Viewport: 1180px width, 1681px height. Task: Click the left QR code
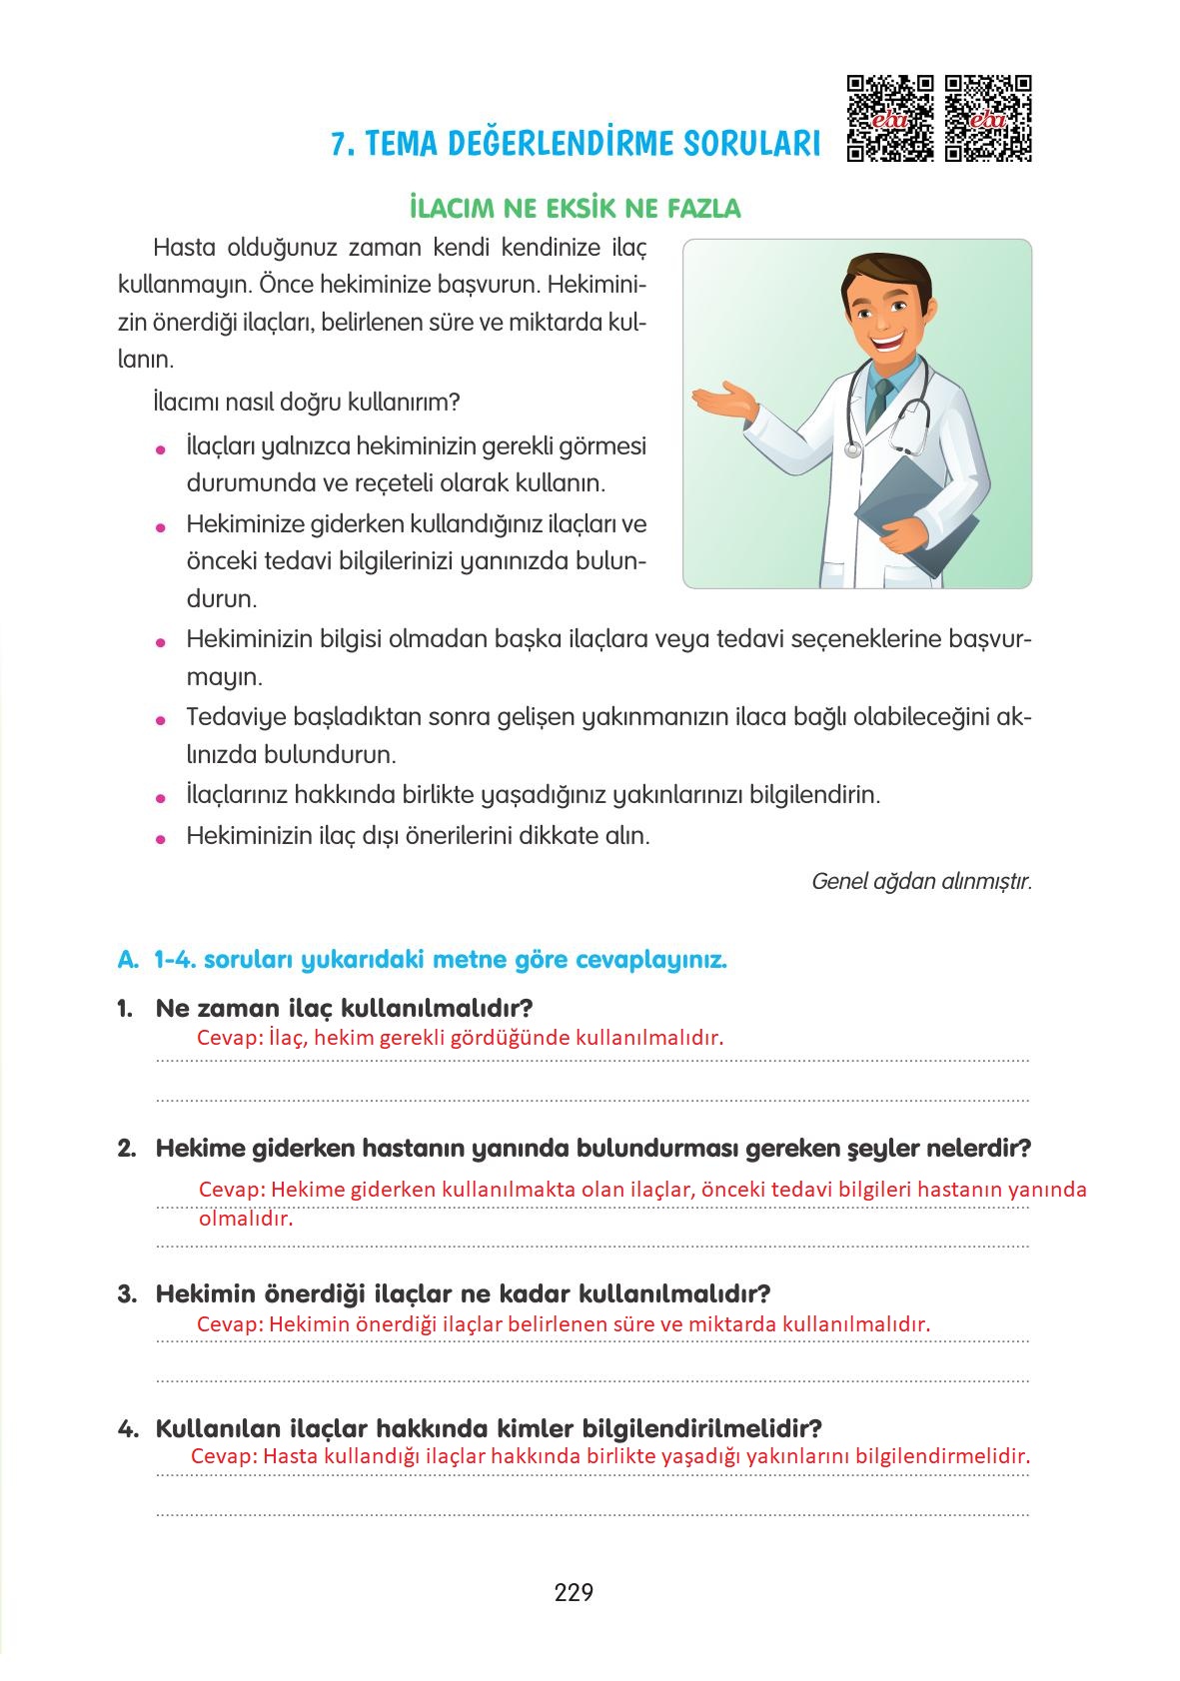[x=890, y=118]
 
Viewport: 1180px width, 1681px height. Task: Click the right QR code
[x=988, y=118]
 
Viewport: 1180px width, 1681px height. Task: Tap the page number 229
[x=574, y=1592]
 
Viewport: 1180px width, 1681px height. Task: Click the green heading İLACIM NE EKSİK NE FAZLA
[x=575, y=209]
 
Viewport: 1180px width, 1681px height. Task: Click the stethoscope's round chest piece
[x=852, y=450]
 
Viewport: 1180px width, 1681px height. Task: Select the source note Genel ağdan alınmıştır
[x=921, y=882]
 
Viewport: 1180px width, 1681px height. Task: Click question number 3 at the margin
[x=126, y=1294]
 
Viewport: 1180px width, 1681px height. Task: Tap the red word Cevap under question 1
[x=229, y=1038]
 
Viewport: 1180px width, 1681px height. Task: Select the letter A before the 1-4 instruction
[x=126, y=961]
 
